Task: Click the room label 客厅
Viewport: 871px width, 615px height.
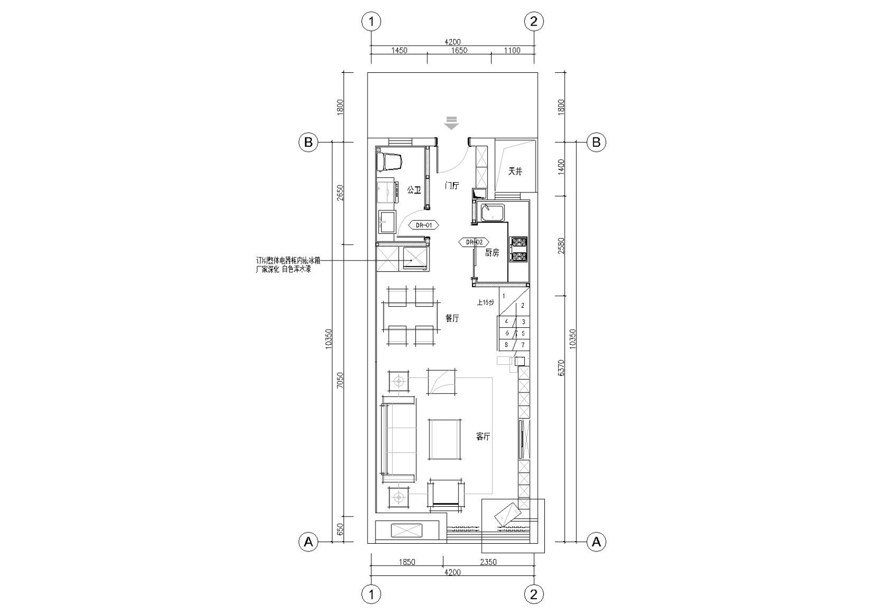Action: [483, 437]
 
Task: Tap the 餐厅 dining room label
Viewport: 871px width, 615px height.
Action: [452, 319]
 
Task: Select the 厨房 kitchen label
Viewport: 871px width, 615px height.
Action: [492, 252]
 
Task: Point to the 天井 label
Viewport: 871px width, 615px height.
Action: [515, 171]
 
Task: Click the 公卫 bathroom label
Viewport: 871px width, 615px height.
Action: [414, 190]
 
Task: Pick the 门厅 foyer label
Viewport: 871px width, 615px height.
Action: [452, 186]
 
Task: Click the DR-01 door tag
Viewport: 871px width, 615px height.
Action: [424, 225]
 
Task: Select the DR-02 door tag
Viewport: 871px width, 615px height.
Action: [474, 242]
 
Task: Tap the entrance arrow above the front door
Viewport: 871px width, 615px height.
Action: [451, 123]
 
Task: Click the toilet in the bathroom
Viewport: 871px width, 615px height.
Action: [391, 161]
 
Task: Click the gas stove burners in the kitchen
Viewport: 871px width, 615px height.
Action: [518, 250]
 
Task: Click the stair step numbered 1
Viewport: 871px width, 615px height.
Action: [504, 296]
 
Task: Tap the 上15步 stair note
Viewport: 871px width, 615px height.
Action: [485, 303]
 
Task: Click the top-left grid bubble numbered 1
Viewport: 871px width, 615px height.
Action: [371, 22]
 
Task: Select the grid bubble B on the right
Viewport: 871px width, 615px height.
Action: [596, 142]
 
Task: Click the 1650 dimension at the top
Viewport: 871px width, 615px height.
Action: [459, 51]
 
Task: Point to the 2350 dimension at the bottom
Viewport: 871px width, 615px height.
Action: [488, 562]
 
